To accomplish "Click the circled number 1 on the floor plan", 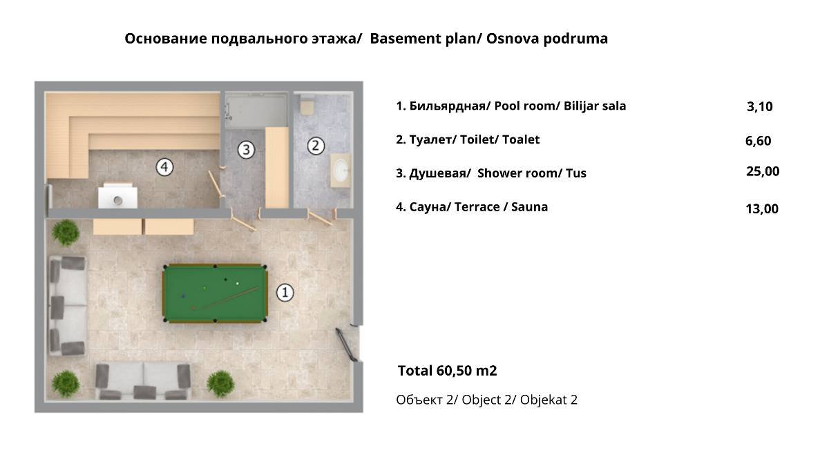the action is click(285, 293).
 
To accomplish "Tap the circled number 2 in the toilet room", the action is click(316, 146).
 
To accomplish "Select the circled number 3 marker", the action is click(246, 150).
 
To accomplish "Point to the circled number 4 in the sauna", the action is click(164, 167).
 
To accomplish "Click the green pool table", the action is click(215, 293).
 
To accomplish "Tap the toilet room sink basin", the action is click(341, 171).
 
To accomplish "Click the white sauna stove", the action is click(117, 195).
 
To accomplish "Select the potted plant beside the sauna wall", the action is click(66, 232).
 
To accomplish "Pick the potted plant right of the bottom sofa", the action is click(220, 384).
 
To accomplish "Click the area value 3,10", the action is click(759, 106).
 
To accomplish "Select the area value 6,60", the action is click(759, 141).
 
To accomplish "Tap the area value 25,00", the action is click(763, 171).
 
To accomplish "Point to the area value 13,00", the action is click(762, 209).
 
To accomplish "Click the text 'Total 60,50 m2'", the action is click(447, 371).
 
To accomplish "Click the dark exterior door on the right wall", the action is click(347, 344).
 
